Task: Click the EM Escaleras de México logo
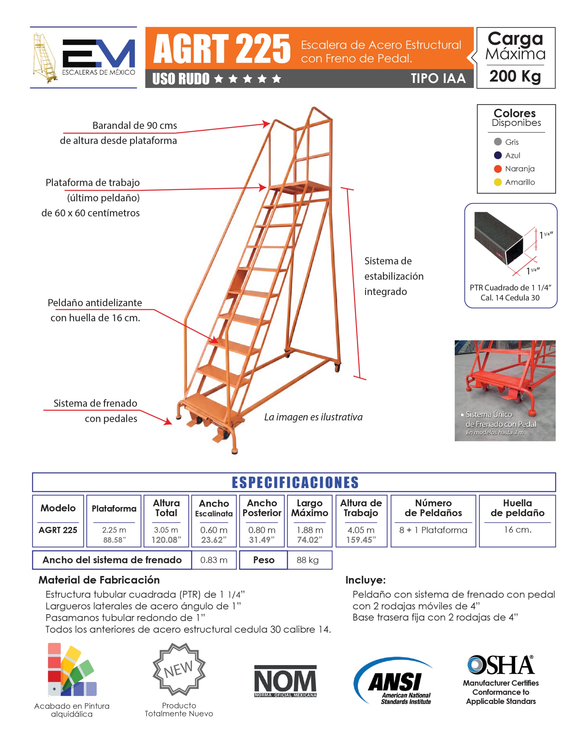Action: click(x=84, y=58)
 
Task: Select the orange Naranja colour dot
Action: click(x=497, y=169)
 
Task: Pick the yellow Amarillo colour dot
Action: click(x=497, y=182)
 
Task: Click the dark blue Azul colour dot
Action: click(x=497, y=155)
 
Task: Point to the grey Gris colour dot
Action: click(x=497, y=142)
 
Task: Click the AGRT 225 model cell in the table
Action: click(x=58, y=530)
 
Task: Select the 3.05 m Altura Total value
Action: click(x=166, y=530)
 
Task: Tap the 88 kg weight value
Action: click(x=308, y=560)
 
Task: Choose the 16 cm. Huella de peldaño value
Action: click(x=517, y=530)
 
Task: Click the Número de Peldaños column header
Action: click(x=433, y=508)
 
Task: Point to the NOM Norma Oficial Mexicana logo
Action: click(x=285, y=681)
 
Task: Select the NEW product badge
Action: click(x=179, y=670)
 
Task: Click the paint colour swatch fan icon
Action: click(x=72, y=670)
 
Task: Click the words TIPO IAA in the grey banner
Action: click(x=438, y=79)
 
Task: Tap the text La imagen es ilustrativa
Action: click(x=313, y=417)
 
